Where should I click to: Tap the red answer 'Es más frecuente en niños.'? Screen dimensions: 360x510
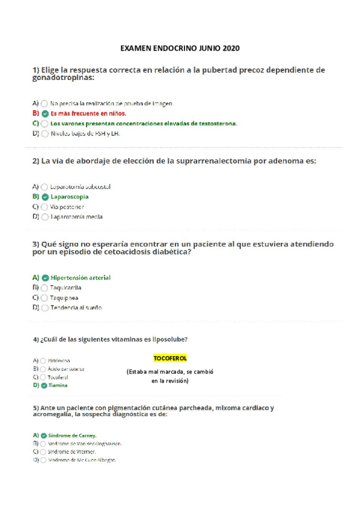(x=88, y=112)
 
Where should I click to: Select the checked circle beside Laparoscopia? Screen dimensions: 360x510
(x=45, y=197)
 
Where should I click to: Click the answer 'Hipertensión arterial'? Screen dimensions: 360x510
(x=81, y=278)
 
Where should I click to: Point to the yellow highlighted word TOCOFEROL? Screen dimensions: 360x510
(x=170, y=358)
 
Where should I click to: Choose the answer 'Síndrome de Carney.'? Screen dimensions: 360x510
(x=73, y=435)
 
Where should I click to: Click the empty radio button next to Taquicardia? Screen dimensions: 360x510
(x=45, y=287)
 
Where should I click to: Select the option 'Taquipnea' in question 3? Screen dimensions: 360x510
(x=64, y=298)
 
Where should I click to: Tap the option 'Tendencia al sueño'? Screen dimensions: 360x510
(x=76, y=307)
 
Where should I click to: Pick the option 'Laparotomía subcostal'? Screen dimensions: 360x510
(x=81, y=186)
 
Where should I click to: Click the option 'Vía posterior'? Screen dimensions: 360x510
(x=67, y=206)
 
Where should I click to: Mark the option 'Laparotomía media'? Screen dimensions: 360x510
(x=77, y=217)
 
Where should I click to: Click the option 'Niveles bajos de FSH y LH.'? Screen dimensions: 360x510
(x=85, y=134)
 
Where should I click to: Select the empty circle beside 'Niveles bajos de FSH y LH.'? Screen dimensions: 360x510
(x=45, y=134)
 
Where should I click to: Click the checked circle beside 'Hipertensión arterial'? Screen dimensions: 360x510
(x=45, y=278)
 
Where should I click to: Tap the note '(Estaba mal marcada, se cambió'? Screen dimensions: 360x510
(x=170, y=372)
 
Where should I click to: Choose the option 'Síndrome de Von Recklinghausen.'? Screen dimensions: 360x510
(x=85, y=443)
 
